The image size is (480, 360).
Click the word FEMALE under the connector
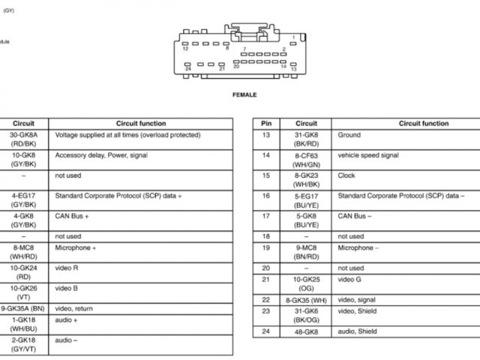pyautogui.click(x=244, y=95)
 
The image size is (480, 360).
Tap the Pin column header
pyautogui.click(x=265, y=123)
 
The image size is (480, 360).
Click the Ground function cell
pyautogui.click(x=349, y=136)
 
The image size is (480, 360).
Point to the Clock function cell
pyautogui.click(x=346, y=175)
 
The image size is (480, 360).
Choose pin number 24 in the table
pyautogui.click(x=265, y=331)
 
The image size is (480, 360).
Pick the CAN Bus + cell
pyautogui.click(x=72, y=216)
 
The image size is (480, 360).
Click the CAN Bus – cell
pyautogui.click(x=355, y=216)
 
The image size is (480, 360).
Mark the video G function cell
pyautogui.click(x=350, y=279)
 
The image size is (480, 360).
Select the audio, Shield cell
pyautogui.click(x=358, y=331)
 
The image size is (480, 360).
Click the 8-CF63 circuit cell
pyautogui.click(x=306, y=159)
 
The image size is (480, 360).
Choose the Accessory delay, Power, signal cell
pyautogui.click(x=101, y=155)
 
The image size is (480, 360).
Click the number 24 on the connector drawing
pyautogui.click(x=187, y=68)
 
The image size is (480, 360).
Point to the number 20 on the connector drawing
pyautogui.click(x=236, y=67)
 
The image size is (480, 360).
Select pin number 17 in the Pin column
pyautogui.click(x=265, y=216)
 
